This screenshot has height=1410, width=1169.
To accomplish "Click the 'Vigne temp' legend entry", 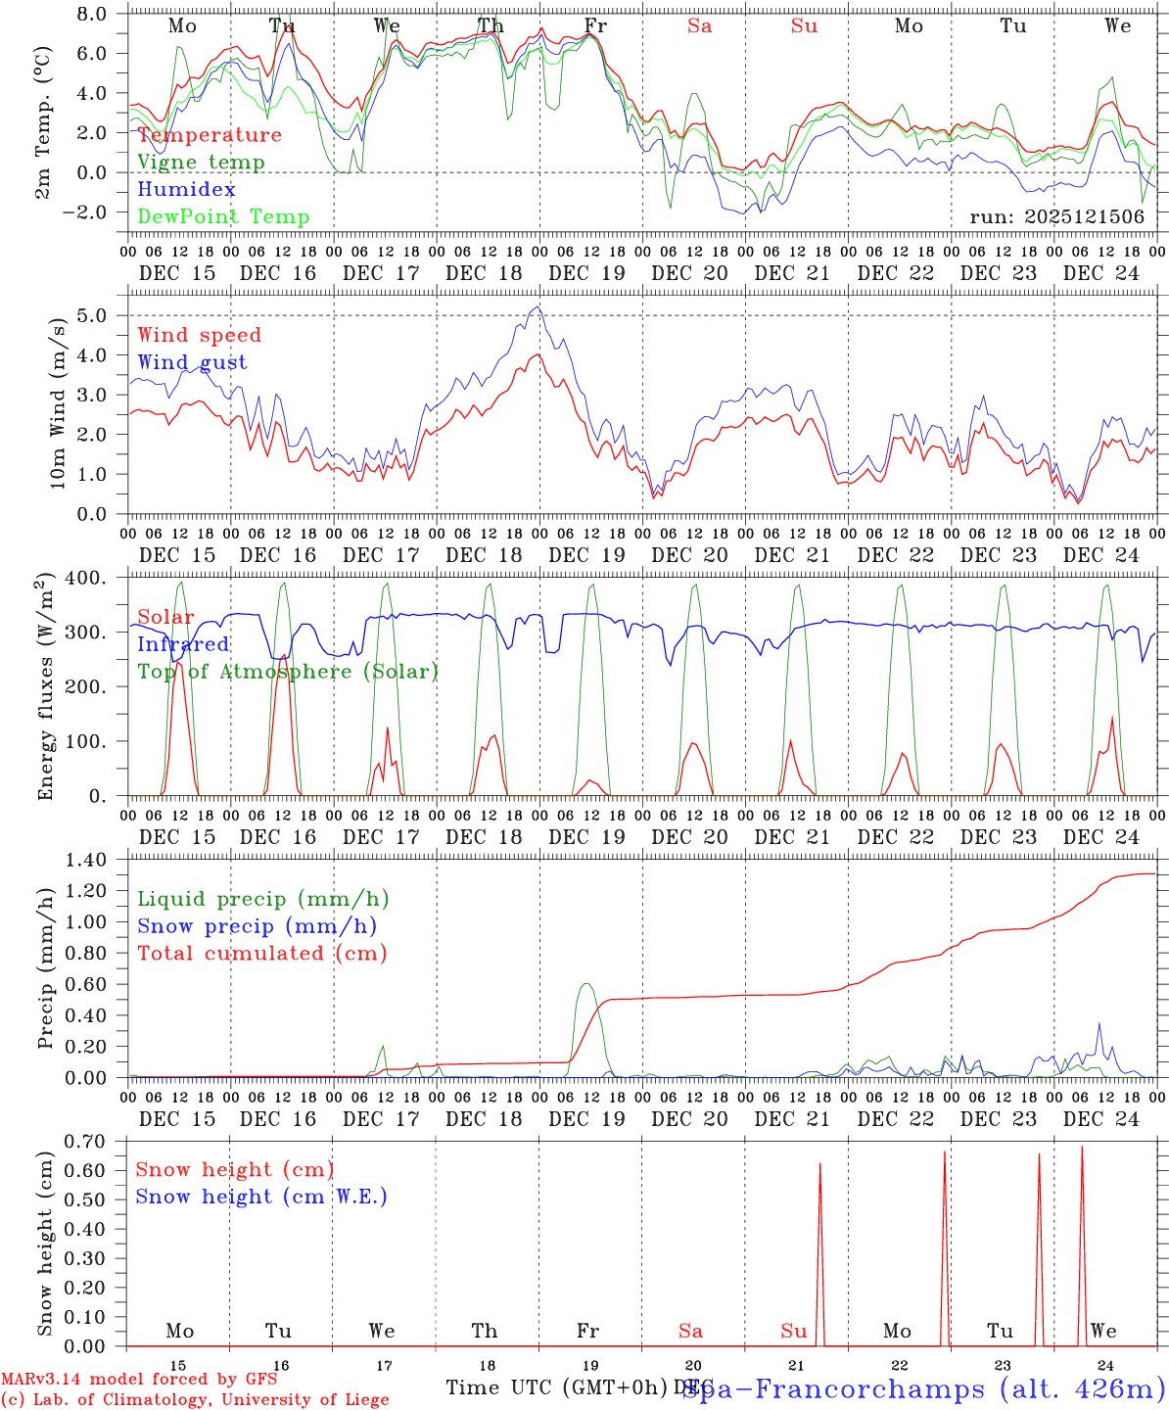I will tap(201, 163).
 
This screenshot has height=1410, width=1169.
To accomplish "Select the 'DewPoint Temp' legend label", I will tap(223, 217).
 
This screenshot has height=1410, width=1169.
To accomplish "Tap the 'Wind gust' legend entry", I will tap(192, 362).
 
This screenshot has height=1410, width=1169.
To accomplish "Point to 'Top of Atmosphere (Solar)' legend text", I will tap(288, 672).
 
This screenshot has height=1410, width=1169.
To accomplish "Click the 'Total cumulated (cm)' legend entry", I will tap(262, 954).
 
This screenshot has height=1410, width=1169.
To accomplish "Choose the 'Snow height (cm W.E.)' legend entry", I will tap(261, 1197).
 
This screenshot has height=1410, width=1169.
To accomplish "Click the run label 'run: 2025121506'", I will tap(1056, 217).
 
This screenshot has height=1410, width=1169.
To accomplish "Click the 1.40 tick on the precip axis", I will tap(87, 860).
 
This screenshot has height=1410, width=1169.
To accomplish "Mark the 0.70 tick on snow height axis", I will tap(87, 1141).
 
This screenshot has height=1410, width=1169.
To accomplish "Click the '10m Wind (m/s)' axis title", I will tap(59, 401).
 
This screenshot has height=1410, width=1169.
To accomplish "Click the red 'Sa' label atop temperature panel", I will tap(699, 26).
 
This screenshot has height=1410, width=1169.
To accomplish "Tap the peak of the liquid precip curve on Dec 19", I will tap(585, 983).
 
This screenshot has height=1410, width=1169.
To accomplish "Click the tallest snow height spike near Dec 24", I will tap(1082, 1147).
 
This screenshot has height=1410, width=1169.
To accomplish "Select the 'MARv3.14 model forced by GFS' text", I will tap(139, 1380).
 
